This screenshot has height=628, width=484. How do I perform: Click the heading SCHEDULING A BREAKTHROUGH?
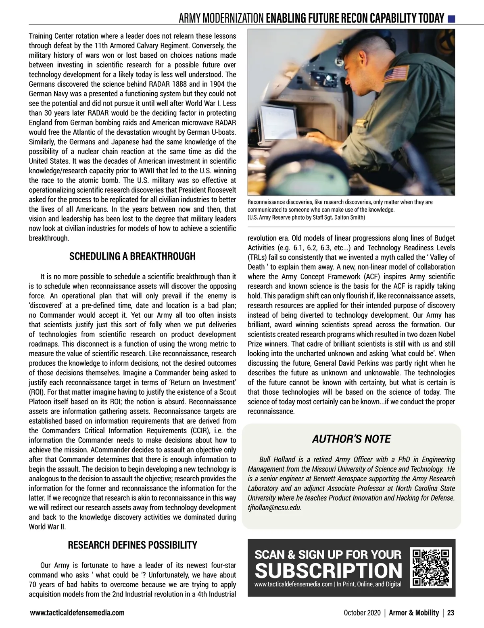click(x=132, y=256)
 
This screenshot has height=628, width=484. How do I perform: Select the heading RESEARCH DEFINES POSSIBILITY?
click(x=132, y=545)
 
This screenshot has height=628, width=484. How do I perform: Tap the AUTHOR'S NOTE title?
click(x=351, y=439)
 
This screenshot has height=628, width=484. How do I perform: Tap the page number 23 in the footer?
click(x=451, y=613)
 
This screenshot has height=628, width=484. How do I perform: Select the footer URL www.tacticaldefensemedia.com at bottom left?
click(x=77, y=613)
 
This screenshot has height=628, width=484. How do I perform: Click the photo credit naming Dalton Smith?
click(x=307, y=218)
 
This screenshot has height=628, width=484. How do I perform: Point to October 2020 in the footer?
click(x=362, y=613)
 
